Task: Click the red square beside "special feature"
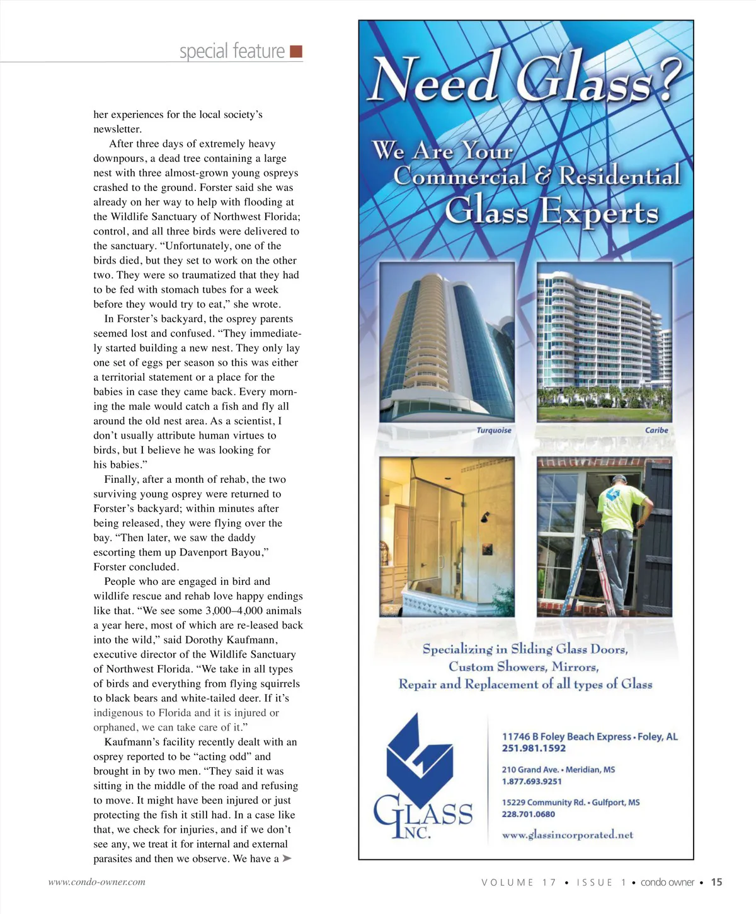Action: [296, 52]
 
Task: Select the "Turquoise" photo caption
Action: [494, 431]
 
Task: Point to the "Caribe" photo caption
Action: [656, 431]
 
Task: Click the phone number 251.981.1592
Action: [534, 748]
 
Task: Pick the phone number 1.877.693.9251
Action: [532, 782]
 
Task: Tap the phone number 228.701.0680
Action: [529, 814]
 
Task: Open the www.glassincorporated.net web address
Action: [567, 835]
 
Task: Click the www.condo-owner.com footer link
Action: [97, 882]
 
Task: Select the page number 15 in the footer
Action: [716, 882]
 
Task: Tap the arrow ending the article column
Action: [287, 859]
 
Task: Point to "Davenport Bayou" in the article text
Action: [220, 553]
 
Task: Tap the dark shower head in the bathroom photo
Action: [484, 518]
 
